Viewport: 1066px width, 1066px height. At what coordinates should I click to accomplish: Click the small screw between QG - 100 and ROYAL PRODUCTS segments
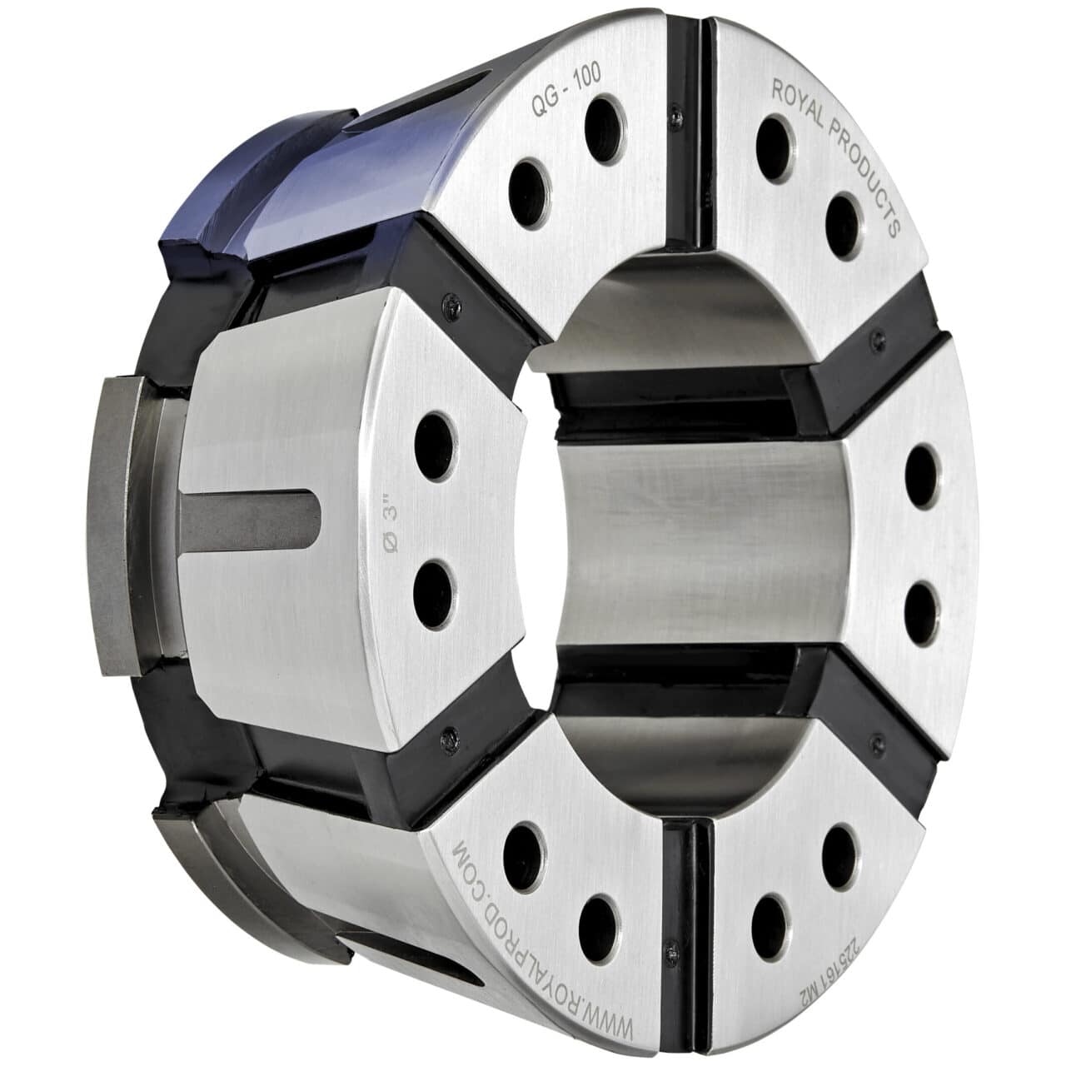(673, 106)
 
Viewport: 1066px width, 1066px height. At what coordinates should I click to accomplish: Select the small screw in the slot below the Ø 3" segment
(451, 735)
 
